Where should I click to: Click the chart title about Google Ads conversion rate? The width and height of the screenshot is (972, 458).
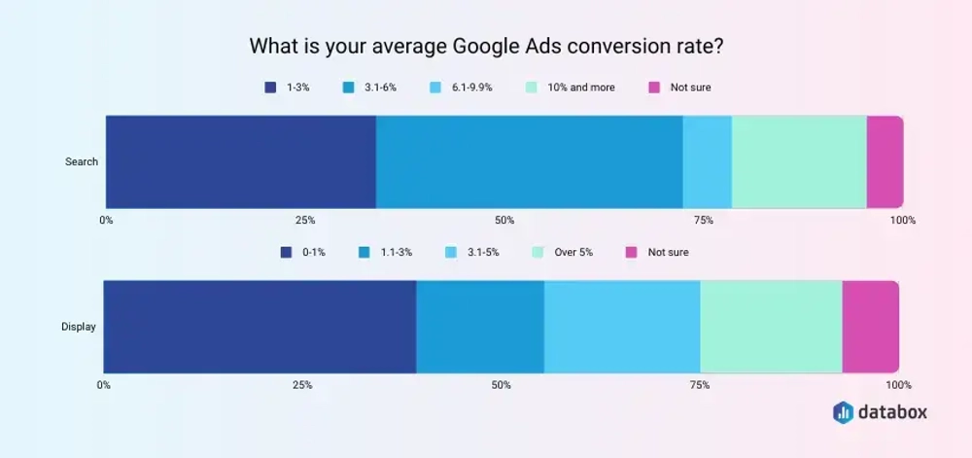click(x=485, y=46)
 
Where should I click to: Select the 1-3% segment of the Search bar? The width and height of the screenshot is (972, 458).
click(x=240, y=161)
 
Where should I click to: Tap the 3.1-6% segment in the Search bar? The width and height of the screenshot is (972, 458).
click(x=529, y=161)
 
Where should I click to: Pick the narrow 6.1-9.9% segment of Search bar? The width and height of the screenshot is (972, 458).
click(x=707, y=161)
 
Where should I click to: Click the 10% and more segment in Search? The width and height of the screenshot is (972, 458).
click(x=798, y=161)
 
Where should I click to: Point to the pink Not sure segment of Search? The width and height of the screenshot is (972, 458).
click(x=885, y=161)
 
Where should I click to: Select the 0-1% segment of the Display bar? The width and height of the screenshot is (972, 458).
click(x=260, y=327)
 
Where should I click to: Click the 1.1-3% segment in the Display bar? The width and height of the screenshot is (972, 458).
click(x=480, y=327)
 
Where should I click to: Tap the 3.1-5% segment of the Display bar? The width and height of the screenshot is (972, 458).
click(x=622, y=327)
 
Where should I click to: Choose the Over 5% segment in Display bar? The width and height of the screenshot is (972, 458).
click(x=771, y=327)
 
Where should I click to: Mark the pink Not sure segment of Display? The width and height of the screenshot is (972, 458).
click(x=870, y=327)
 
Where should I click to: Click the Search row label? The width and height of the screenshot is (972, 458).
click(x=82, y=161)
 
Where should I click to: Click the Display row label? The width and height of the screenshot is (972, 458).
click(x=79, y=327)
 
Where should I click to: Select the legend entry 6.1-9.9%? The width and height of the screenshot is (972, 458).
click(x=463, y=88)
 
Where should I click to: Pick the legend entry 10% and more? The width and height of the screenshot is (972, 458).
click(x=571, y=88)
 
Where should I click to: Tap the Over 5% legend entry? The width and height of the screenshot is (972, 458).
click(x=563, y=252)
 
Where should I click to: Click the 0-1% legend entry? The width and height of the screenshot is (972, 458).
click(x=303, y=252)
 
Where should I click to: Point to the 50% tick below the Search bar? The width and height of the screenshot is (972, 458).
click(x=504, y=220)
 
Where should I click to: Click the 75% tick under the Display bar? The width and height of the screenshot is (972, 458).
click(x=700, y=385)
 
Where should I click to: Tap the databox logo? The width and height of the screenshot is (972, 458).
click(x=881, y=412)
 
